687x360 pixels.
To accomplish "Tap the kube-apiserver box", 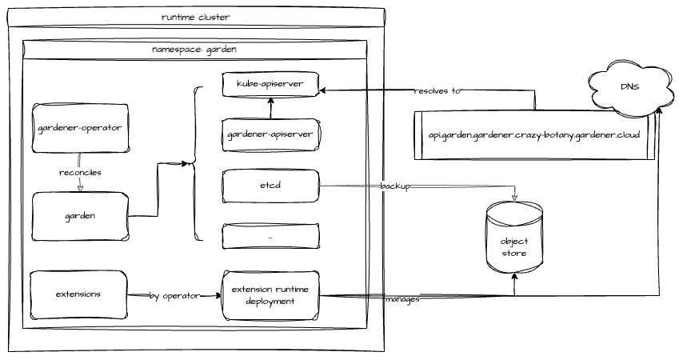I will [270, 84].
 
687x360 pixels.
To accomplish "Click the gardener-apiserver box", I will [270, 135].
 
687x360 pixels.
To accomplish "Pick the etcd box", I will [270, 186].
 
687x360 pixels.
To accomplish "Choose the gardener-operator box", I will [79, 127].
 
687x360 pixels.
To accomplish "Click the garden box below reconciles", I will [79, 216].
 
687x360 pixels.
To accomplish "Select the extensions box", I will [78, 294].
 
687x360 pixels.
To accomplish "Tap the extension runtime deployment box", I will [270, 295].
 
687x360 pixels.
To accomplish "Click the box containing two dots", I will [270, 238].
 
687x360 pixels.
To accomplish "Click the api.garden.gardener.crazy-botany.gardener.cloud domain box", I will [534, 135].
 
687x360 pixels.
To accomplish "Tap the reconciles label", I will [81, 172].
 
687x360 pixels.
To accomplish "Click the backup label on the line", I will [395, 186].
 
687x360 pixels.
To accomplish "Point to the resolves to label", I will [437, 91].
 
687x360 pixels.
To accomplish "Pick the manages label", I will [402, 299].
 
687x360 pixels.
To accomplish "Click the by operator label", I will [174, 296].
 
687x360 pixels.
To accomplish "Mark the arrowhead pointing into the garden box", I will [80, 189].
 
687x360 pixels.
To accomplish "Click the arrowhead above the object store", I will [514, 198].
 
